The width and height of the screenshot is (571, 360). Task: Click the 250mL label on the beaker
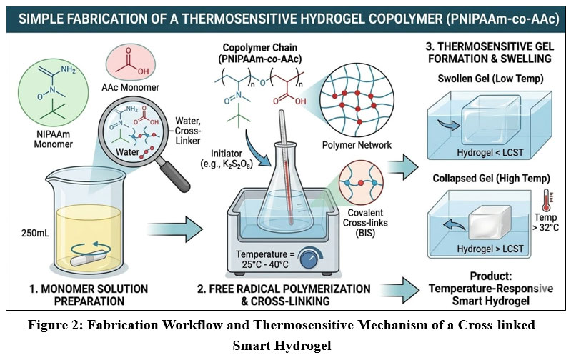[26, 232]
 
